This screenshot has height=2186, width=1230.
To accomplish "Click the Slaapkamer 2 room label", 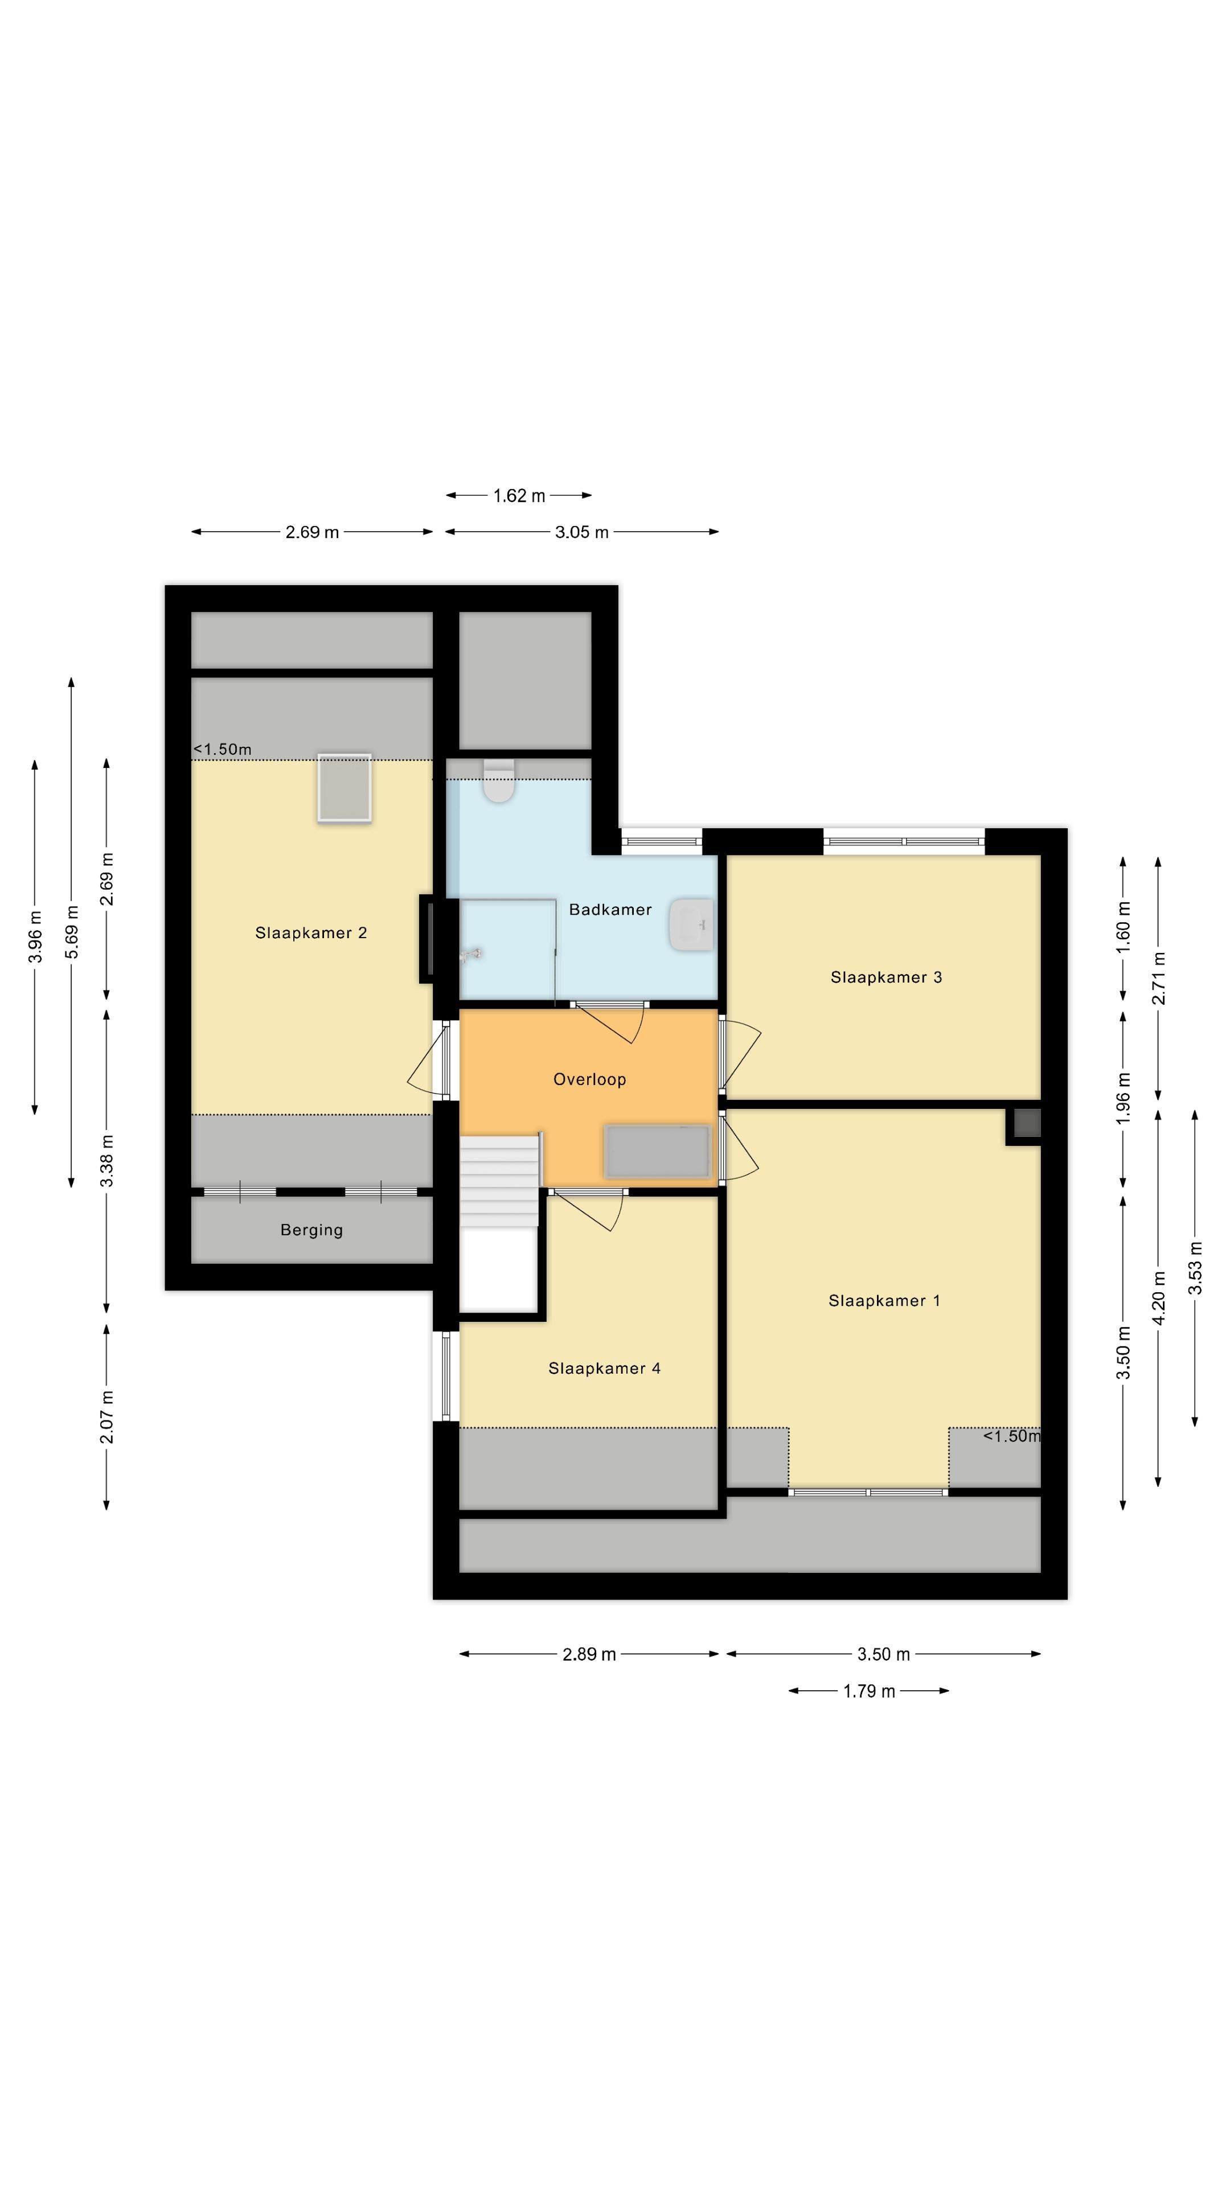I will pos(311,932).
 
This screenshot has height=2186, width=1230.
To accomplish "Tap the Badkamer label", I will pos(609,909).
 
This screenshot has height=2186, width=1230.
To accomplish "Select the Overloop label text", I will pos(589,1079).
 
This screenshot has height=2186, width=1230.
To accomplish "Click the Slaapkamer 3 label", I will pos(885,977).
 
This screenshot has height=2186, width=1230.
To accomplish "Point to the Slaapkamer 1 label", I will pos(884,1300).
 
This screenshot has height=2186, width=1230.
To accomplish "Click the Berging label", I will pos(311,1230).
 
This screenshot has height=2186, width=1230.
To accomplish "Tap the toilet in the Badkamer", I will pos(498,782).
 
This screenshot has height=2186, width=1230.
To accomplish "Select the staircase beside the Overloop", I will pos(499,1180).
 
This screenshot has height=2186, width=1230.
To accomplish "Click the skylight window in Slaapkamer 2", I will pos(344,787).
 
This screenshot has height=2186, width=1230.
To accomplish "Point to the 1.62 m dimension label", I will pos(519,496).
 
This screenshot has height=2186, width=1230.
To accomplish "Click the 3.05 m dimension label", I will pos(581,532).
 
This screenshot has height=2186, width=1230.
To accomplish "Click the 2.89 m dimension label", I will pos(589,1653).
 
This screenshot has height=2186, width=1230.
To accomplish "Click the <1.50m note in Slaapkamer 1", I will pos(1011,1435).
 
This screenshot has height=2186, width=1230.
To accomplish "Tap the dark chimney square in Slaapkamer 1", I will pos(1026,1124).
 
